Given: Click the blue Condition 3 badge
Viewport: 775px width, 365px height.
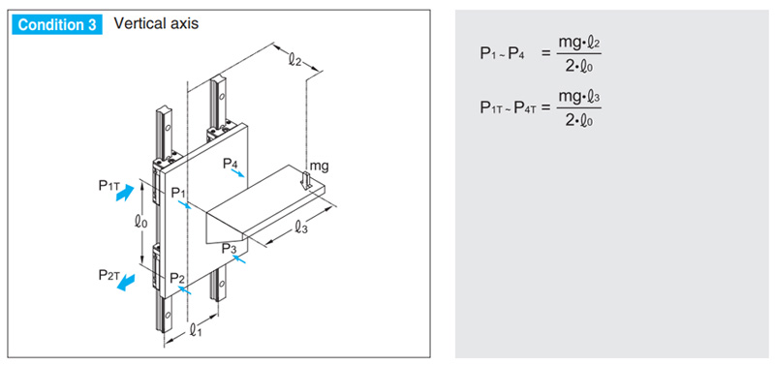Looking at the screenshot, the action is click(57, 25).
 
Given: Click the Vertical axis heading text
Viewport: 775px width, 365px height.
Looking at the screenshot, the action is click(156, 23).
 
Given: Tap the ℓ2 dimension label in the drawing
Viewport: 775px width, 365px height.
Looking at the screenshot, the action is click(295, 60).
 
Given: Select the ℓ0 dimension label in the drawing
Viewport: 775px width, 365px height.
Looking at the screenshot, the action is click(140, 223).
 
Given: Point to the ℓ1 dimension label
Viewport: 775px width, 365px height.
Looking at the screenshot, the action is click(196, 330).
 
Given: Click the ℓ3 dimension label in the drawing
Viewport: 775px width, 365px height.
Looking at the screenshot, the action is click(301, 227).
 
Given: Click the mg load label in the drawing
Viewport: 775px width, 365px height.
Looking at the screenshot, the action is click(319, 167).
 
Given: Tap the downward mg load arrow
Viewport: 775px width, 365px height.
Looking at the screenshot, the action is click(306, 181).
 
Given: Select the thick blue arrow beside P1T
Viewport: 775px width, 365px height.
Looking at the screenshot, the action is click(125, 192).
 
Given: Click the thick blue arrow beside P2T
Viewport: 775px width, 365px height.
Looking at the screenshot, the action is click(127, 283).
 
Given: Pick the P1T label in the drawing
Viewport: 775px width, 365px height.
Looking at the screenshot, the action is click(109, 185).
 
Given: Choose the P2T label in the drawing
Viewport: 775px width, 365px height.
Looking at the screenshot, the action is click(108, 276).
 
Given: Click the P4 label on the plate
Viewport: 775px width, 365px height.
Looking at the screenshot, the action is click(231, 163).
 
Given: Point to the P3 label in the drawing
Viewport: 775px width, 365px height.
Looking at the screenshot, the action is click(230, 249).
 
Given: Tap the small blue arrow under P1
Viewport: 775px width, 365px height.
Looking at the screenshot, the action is click(184, 205).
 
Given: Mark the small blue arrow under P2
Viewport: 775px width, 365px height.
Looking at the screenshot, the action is click(184, 289).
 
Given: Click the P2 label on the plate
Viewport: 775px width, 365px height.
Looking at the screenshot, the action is click(178, 278).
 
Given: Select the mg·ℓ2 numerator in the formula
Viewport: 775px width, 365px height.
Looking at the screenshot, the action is click(579, 43).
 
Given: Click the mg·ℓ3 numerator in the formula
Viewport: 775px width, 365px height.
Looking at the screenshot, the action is click(579, 96).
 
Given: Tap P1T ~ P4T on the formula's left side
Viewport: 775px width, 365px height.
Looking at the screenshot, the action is click(509, 107).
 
